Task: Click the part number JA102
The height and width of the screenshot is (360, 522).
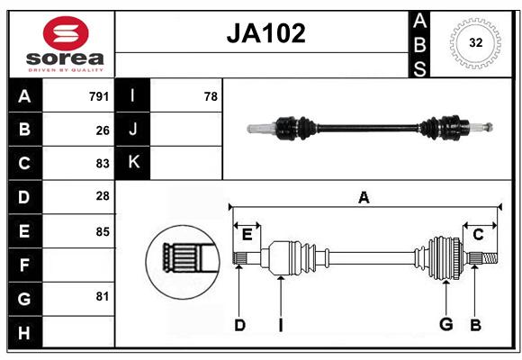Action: coord(265,33)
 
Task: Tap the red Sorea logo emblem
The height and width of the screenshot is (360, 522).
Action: coord(66,33)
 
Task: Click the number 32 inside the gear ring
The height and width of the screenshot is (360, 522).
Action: coord(476,42)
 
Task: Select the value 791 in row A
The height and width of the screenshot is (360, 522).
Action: coord(99,96)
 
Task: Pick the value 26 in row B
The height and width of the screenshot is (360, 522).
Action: coord(103,130)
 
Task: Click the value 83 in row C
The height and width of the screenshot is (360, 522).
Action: coord(103,164)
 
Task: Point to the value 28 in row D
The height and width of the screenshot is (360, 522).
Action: coord(103,196)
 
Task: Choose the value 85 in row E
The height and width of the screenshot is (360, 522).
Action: coord(103,231)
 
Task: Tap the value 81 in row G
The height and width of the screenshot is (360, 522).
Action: coord(103,296)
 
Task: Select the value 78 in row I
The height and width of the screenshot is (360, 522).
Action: coord(211,96)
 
